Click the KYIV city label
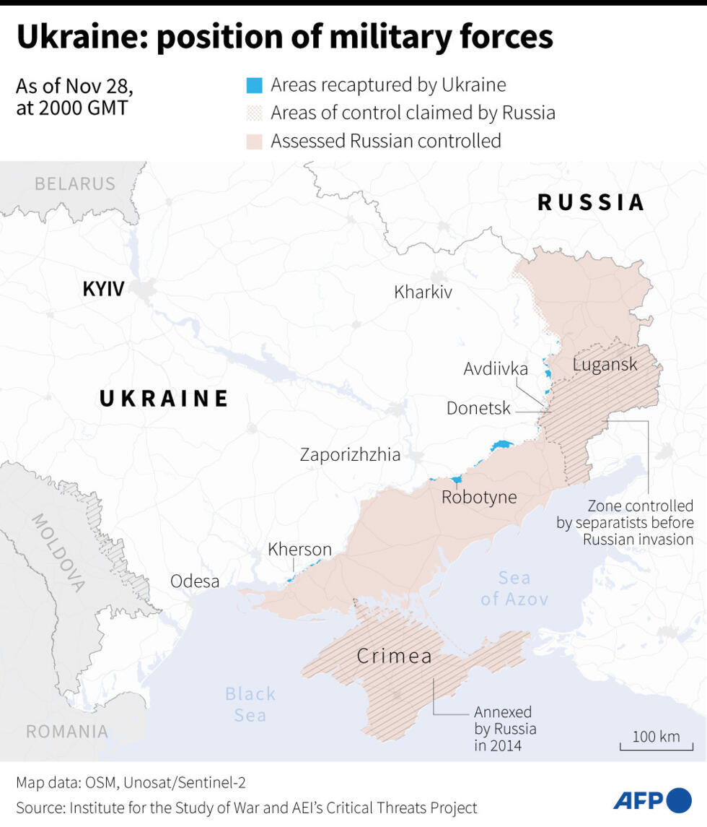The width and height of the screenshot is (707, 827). coord(103,290)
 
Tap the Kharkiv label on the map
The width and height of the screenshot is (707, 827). coord(423,293)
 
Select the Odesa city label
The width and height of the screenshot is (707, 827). coord(195,581)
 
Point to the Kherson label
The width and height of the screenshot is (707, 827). coord(299,550)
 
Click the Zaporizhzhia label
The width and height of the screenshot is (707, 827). coord(350,455)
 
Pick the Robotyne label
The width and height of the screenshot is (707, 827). coord(479,498)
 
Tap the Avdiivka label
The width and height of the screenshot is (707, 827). coord(496,369)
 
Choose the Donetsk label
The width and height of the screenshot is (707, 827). coord(478,409)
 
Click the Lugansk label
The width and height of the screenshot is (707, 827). coord(605,364)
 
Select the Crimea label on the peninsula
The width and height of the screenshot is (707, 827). coord(395,657)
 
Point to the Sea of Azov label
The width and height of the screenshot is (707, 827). coord(514,589)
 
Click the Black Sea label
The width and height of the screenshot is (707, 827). coord(250,704)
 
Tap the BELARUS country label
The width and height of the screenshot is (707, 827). coord(75,184)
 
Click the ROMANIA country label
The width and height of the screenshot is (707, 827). coord(67,732)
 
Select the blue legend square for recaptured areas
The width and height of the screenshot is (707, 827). coord(254,86)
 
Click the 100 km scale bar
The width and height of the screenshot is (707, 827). coord(656,744)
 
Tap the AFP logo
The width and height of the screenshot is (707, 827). coord(651,800)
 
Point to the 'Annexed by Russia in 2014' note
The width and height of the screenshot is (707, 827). coord(504,729)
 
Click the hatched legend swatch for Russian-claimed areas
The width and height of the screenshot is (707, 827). coord(254,113)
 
